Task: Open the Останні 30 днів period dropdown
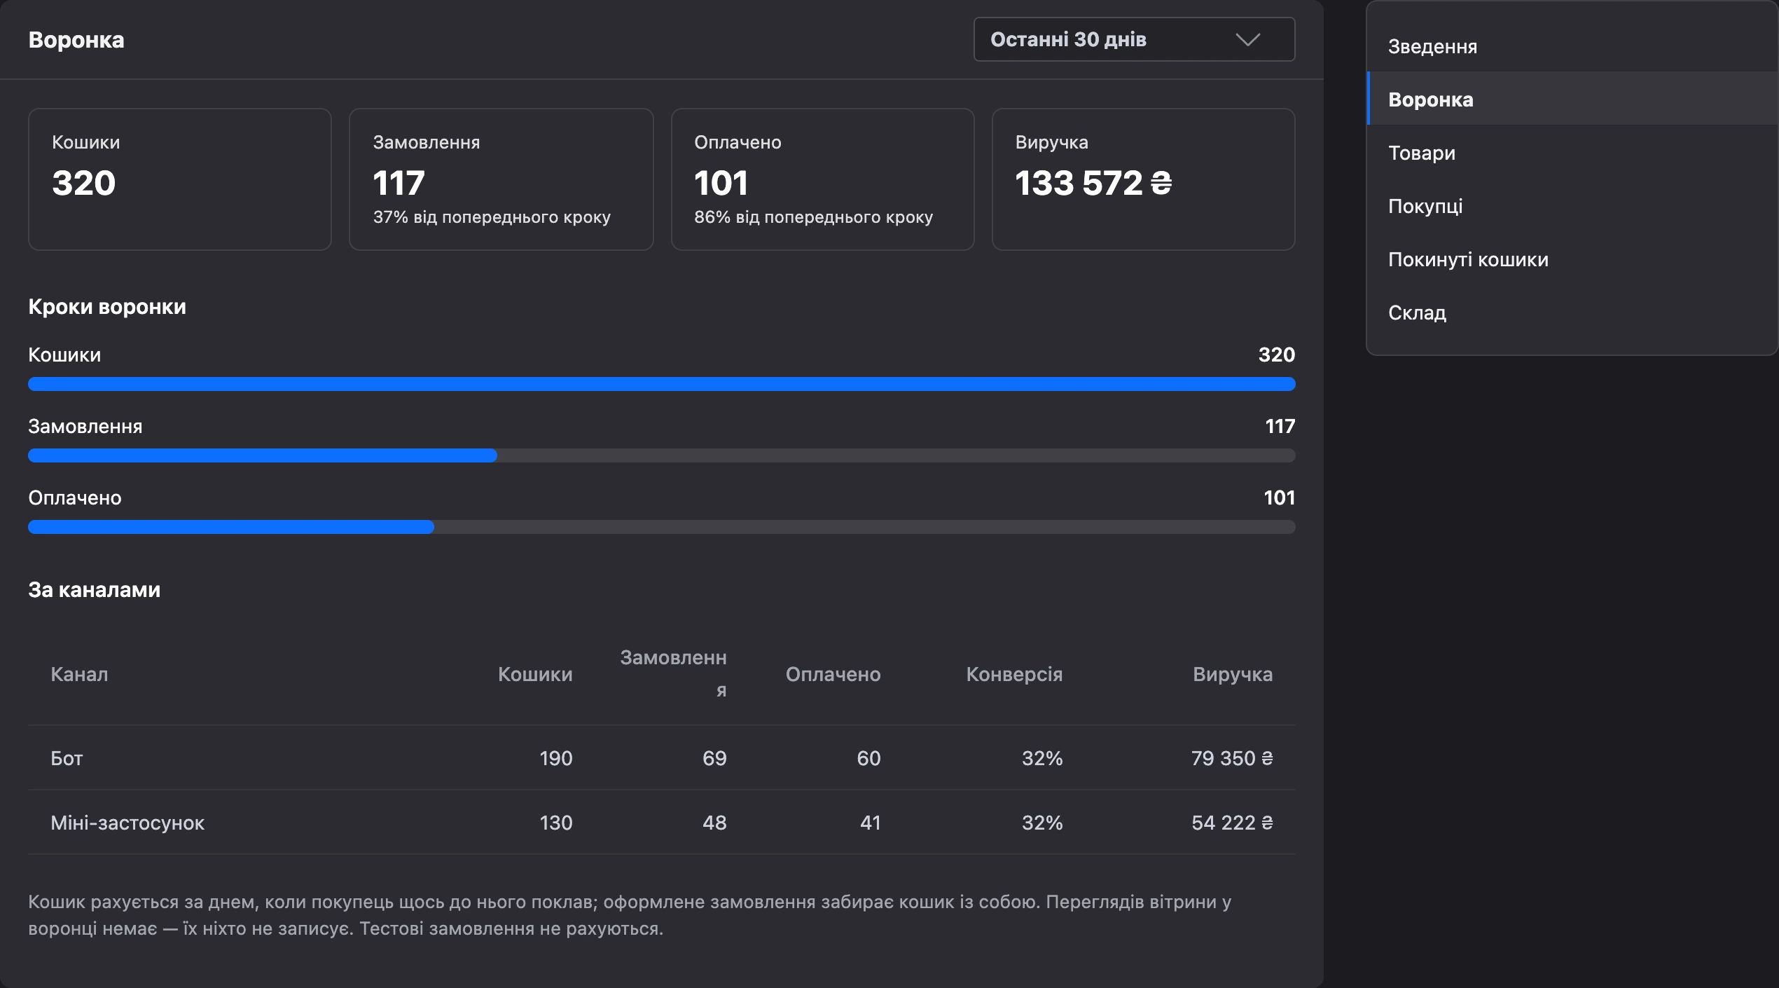[x=1134, y=39]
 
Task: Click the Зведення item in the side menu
[x=1432, y=47]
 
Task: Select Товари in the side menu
[x=1422, y=153]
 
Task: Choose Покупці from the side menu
[x=1425, y=207]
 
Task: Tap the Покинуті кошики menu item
[x=1468, y=260]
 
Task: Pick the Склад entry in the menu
[x=1417, y=313]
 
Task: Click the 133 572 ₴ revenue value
[x=1093, y=183]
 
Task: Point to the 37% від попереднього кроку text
[x=492, y=217]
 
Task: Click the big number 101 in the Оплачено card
[x=721, y=183]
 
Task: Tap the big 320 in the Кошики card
[x=83, y=183]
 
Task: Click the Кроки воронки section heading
[x=107, y=307]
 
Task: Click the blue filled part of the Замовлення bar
[x=263, y=455]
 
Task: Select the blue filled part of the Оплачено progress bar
[x=231, y=527]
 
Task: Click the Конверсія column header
[x=1014, y=674]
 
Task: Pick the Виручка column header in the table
[x=1233, y=674]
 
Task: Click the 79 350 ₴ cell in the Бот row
[x=1232, y=758]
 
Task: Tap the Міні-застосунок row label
[x=127, y=823]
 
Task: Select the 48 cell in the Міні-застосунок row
[x=714, y=823]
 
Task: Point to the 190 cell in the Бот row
[x=556, y=758]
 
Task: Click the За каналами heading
[x=95, y=590]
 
